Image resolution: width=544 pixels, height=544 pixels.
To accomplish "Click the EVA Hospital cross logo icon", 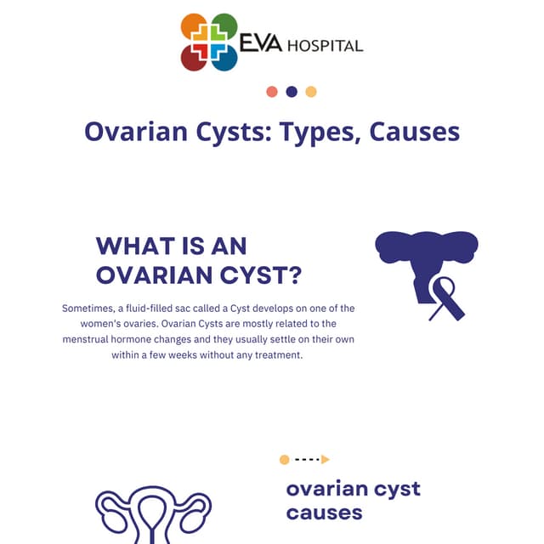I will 209,42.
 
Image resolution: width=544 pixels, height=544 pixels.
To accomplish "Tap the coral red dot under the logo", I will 272,92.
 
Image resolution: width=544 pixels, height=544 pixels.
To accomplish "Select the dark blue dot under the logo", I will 292,92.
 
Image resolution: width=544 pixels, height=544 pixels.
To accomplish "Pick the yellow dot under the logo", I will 311,92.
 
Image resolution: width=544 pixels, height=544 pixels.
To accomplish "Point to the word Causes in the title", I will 415,133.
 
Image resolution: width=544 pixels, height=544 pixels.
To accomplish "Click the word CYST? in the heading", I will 263,275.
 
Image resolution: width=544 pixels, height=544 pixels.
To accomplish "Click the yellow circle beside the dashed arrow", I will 284,460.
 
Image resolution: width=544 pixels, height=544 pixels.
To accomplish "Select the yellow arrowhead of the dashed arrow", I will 325,460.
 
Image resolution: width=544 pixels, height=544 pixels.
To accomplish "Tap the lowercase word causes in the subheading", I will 324,513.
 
